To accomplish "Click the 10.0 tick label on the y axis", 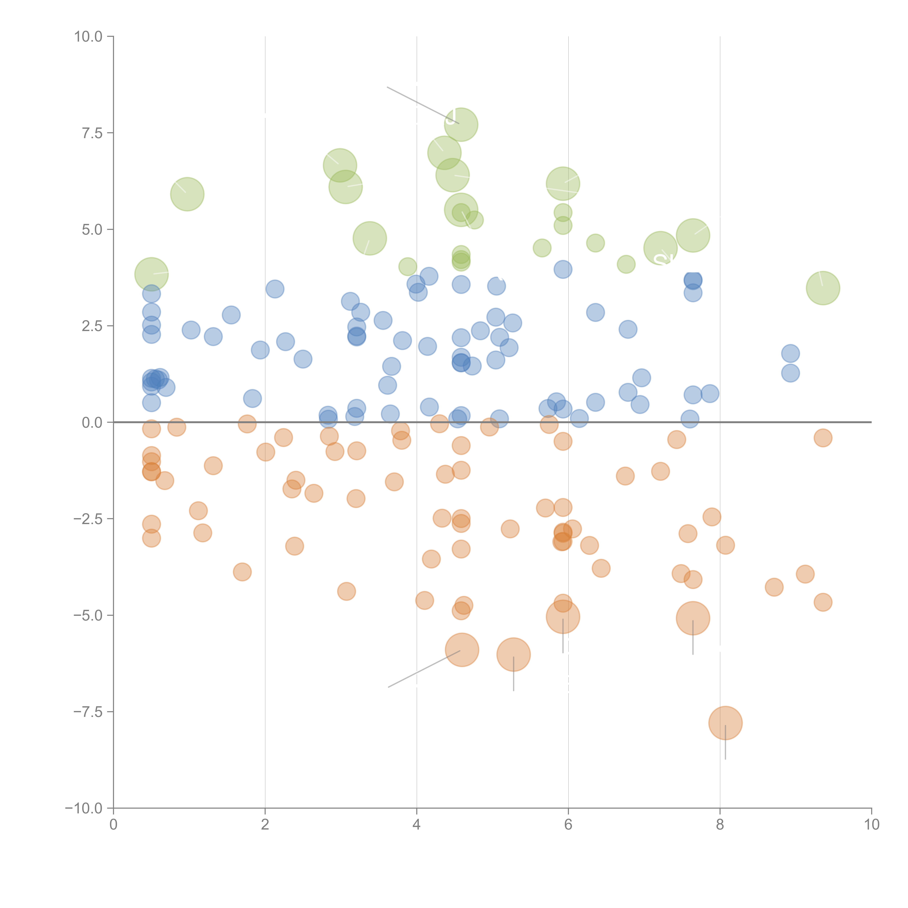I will [88, 37].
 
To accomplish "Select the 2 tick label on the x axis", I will [265, 825].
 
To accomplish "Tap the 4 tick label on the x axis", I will [417, 825].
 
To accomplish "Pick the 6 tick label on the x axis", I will [568, 825].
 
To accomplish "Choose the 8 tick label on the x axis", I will [720, 825].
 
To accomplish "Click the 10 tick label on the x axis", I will [872, 825].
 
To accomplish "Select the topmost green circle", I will [461, 125].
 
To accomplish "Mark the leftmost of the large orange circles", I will [462, 650].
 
